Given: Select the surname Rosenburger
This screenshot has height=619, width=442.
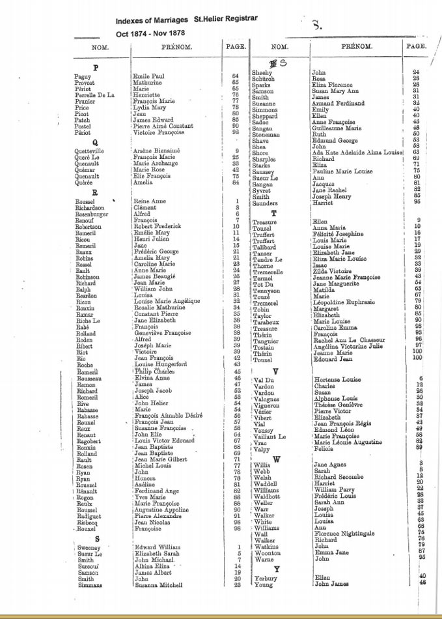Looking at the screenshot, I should (x=94, y=214).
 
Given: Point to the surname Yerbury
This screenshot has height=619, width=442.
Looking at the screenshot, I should (x=266, y=577).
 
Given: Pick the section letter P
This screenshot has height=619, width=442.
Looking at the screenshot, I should (x=96, y=68).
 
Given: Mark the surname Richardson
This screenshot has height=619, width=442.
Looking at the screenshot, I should (x=94, y=208).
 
